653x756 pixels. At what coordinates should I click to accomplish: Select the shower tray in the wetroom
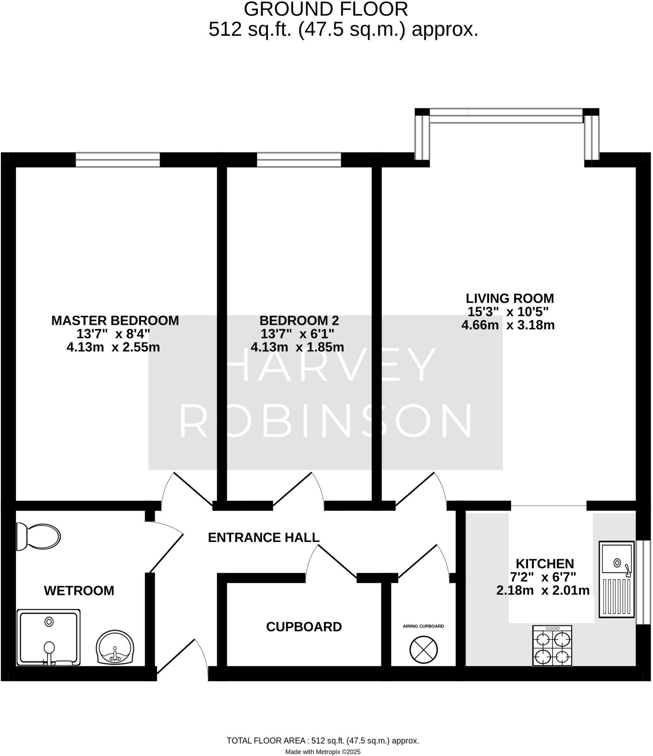pyautogui.click(x=48, y=638)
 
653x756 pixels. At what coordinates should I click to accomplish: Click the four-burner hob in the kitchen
pyautogui.click(x=552, y=646)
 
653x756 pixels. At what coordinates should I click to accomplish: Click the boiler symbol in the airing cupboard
pyautogui.click(x=423, y=650)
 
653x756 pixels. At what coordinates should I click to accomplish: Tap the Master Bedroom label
pyautogui.click(x=115, y=320)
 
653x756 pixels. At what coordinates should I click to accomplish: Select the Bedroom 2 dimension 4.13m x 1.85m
pyautogui.click(x=297, y=347)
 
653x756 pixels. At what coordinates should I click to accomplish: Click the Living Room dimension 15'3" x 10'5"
pyautogui.click(x=508, y=312)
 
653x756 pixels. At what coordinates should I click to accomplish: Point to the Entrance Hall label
pyautogui.click(x=263, y=537)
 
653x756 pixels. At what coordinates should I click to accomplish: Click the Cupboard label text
pyautogui.click(x=304, y=627)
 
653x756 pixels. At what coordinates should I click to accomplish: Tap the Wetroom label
pyautogui.click(x=79, y=591)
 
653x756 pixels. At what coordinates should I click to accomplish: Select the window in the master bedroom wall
pyautogui.click(x=118, y=160)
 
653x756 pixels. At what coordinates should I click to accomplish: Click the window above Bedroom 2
pyautogui.click(x=299, y=160)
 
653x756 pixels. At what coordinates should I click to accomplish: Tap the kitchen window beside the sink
pyautogui.click(x=643, y=583)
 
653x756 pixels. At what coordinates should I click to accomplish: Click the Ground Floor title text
pyautogui.click(x=326, y=9)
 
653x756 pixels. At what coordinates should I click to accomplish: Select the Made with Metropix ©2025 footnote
pyautogui.click(x=322, y=752)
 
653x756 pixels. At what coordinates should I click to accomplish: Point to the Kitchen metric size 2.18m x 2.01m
pyautogui.click(x=543, y=591)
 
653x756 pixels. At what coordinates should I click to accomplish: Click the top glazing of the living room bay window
pyautogui.click(x=506, y=116)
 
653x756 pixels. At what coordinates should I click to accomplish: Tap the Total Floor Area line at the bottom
pyautogui.click(x=322, y=740)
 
